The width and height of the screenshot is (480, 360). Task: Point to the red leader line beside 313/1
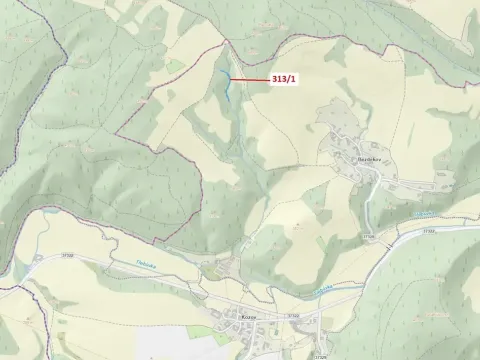(250, 79)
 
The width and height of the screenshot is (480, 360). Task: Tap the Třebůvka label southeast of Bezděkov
(425, 213)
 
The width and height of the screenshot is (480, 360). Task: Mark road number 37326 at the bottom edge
(320, 355)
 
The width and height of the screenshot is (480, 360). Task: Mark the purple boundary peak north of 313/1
(222, 40)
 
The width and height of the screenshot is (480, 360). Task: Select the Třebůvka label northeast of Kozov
(323, 287)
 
